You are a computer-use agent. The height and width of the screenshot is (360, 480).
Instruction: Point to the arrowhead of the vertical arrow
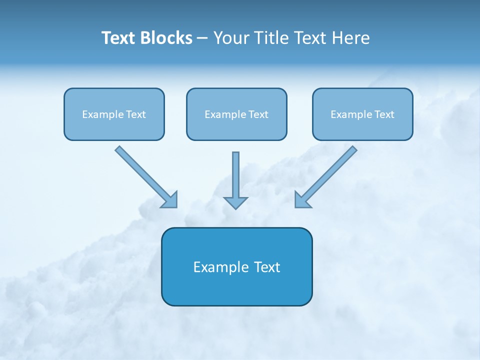coord(235,202)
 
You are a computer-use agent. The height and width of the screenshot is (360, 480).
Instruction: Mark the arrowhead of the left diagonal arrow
coord(170,200)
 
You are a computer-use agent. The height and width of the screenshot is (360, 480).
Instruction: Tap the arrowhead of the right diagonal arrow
coord(301,200)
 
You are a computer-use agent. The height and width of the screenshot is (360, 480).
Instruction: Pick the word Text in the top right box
coord(384,114)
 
